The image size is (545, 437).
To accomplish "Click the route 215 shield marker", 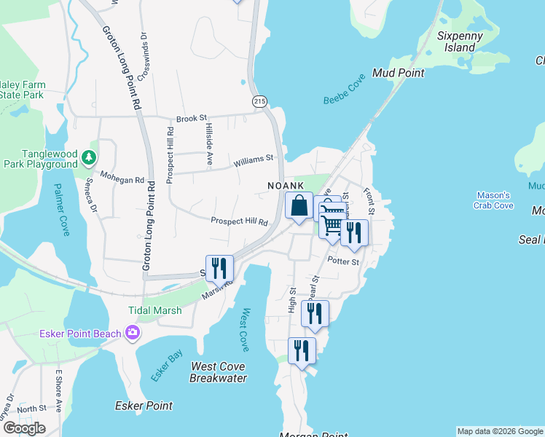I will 259,102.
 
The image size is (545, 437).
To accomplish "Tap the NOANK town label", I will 285,186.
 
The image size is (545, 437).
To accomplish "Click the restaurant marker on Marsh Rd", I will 219,268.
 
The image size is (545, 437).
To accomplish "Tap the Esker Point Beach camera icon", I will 133,334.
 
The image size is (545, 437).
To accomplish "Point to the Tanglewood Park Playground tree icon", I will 88,157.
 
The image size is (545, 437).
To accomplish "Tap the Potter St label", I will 343,261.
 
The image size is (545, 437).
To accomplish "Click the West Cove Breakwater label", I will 218,372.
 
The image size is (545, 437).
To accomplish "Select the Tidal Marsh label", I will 154,310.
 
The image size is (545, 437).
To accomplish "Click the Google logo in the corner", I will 24,428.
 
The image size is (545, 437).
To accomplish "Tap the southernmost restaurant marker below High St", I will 301,351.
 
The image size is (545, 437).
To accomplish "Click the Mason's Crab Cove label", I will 494,200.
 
